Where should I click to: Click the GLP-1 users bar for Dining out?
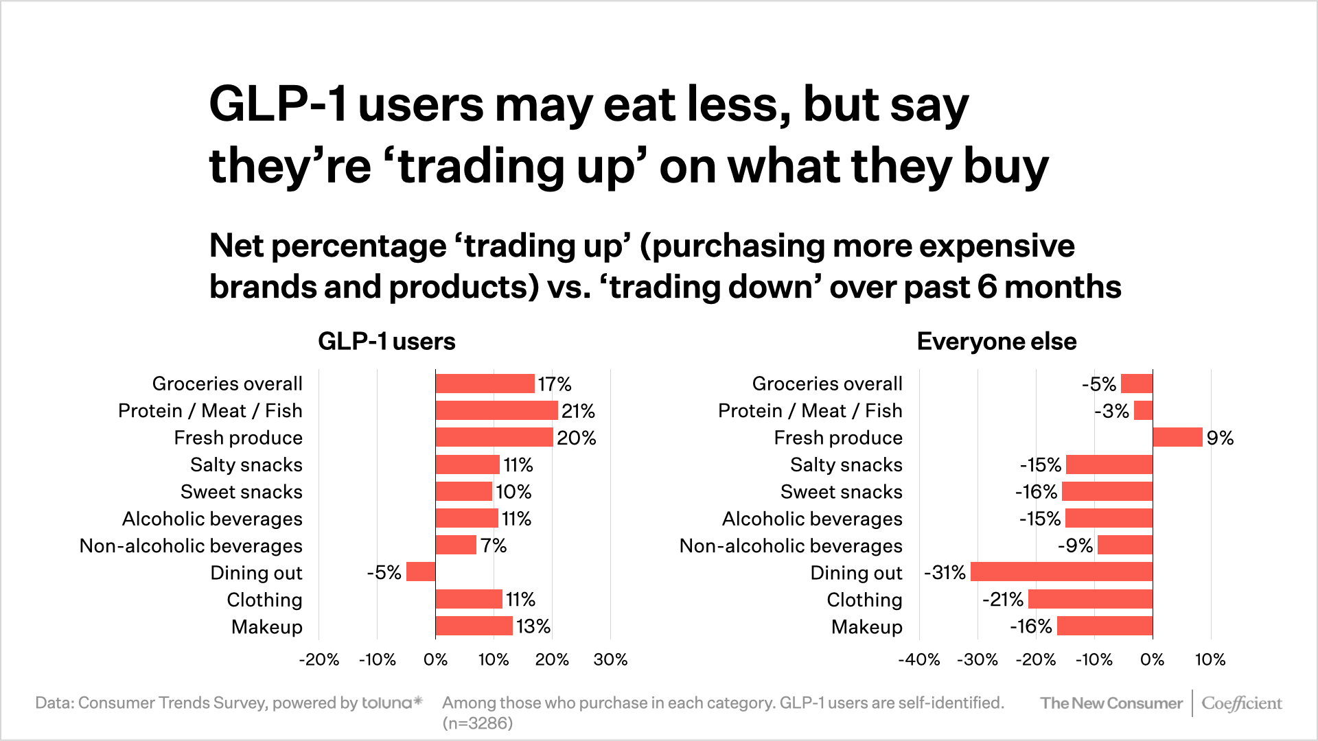(421, 572)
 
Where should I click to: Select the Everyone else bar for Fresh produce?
(1177, 437)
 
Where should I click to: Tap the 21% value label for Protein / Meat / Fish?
(578, 411)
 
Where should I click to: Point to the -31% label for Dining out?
(945, 572)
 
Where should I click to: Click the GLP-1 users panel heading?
(386, 341)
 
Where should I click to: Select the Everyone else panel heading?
(996, 341)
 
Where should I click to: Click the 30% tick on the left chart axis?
(610, 659)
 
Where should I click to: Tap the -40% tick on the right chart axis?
(918, 659)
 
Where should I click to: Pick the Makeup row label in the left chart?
(266, 626)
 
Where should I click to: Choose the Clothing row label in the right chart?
(864, 600)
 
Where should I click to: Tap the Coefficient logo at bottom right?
(1241, 703)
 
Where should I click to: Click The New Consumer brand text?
(1111, 703)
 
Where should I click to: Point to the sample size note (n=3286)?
(477, 723)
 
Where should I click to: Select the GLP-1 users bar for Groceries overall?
(485, 384)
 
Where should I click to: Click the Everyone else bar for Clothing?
(1090, 599)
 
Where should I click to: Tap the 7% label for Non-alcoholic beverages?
(493, 545)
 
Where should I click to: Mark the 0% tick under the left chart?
(435, 659)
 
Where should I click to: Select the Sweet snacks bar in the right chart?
(1107, 491)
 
